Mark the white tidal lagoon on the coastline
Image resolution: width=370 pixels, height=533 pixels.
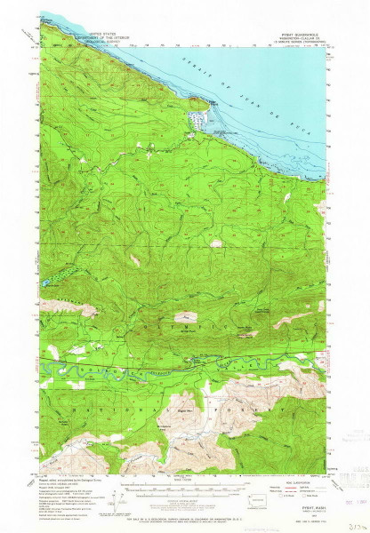point(197,117)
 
